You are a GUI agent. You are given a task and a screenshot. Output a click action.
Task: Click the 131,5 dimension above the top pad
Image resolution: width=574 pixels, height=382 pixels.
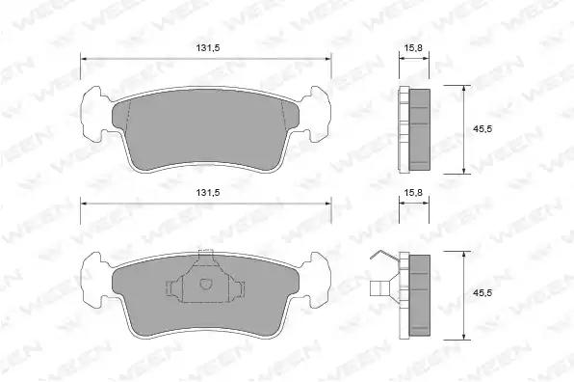click(208, 48)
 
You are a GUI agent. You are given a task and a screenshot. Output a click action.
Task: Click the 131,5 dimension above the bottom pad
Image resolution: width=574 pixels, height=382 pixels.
click(208, 193)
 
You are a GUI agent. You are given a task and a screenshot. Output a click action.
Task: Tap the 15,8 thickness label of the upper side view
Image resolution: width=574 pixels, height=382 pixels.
click(413, 48)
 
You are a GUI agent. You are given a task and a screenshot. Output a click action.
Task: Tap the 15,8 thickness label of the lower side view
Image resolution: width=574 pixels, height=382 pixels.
click(413, 193)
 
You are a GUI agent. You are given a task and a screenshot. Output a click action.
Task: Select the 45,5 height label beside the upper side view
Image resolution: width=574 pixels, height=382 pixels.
click(483, 129)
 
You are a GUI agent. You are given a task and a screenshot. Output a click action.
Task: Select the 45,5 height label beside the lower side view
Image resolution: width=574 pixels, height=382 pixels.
click(483, 293)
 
